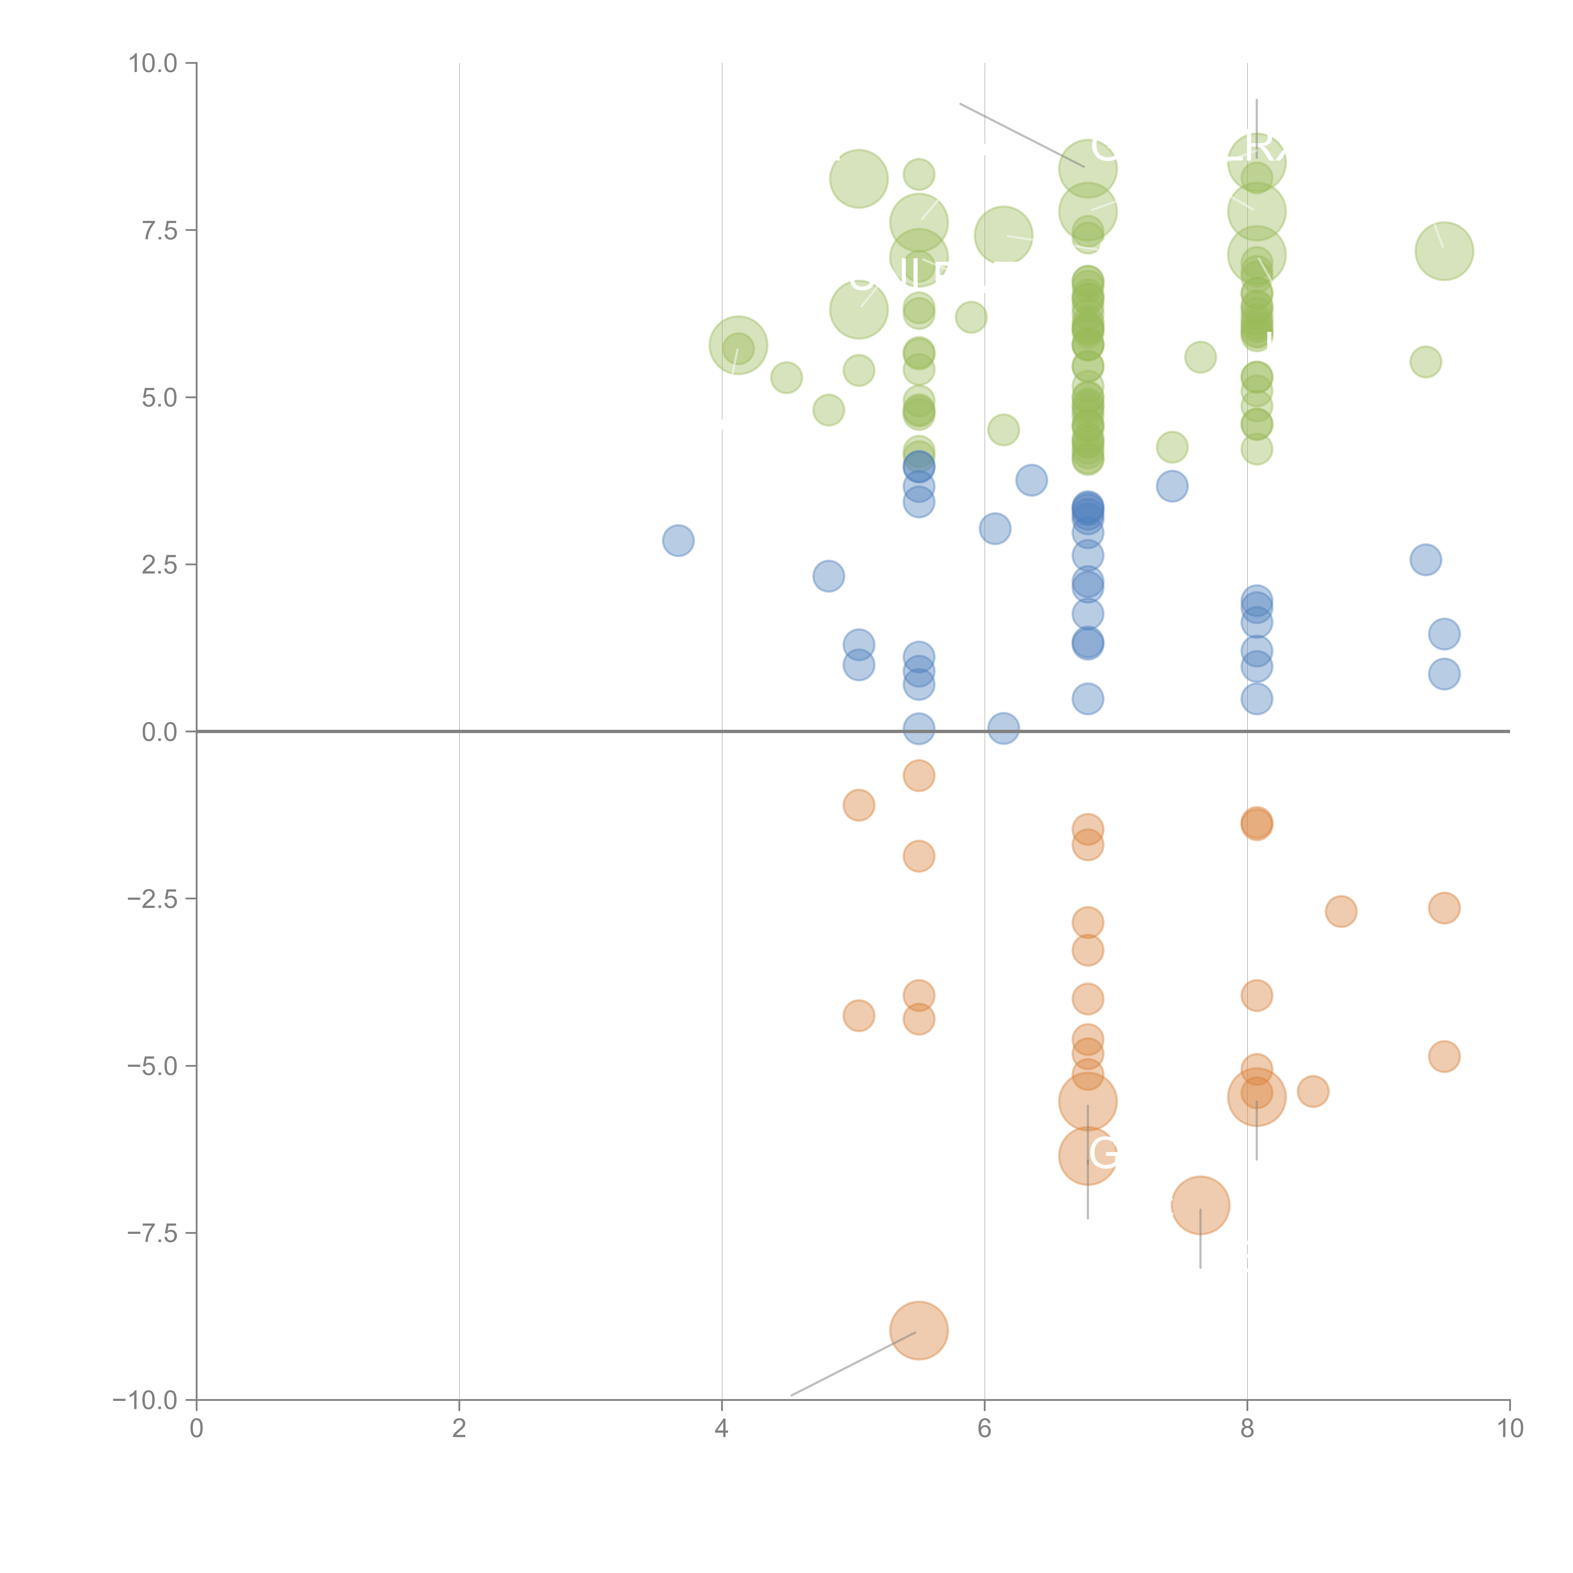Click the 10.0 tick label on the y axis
pyautogui.click(x=153, y=64)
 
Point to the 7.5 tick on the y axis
pyautogui.click(x=160, y=230)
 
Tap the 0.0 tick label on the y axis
pyautogui.click(x=160, y=732)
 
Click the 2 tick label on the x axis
pyautogui.click(x=459, y=1429)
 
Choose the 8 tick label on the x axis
pyautogui.click(x=1247, y=1429)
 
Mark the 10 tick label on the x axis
pyautogui.click(x=1509, y=1429)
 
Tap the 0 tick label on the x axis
pyautogui.click(x=196, y=1429)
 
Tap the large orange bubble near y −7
pyautogui.click(x=1200, y=1205)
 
